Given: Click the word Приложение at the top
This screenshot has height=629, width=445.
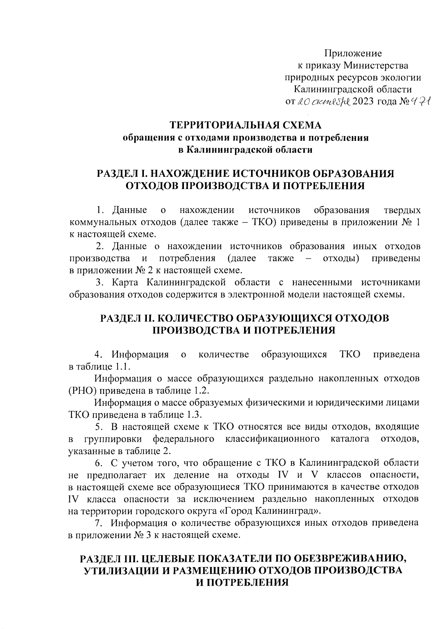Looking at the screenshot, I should pyautogui.click(x=353, y=53).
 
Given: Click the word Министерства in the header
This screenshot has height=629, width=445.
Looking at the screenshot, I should pyautogui.click(x=375, y=66).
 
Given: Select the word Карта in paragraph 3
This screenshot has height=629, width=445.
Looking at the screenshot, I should pyautogui.click(x=125, y=282).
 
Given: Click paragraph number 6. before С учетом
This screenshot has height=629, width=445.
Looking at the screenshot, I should pyautogui.click(x=98, y=463).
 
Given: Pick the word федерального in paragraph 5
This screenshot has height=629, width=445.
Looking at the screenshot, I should pyautogui.click(x=184, y=439).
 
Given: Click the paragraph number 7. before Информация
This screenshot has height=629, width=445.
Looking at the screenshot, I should pyautogui.click(x=98, y=523).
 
